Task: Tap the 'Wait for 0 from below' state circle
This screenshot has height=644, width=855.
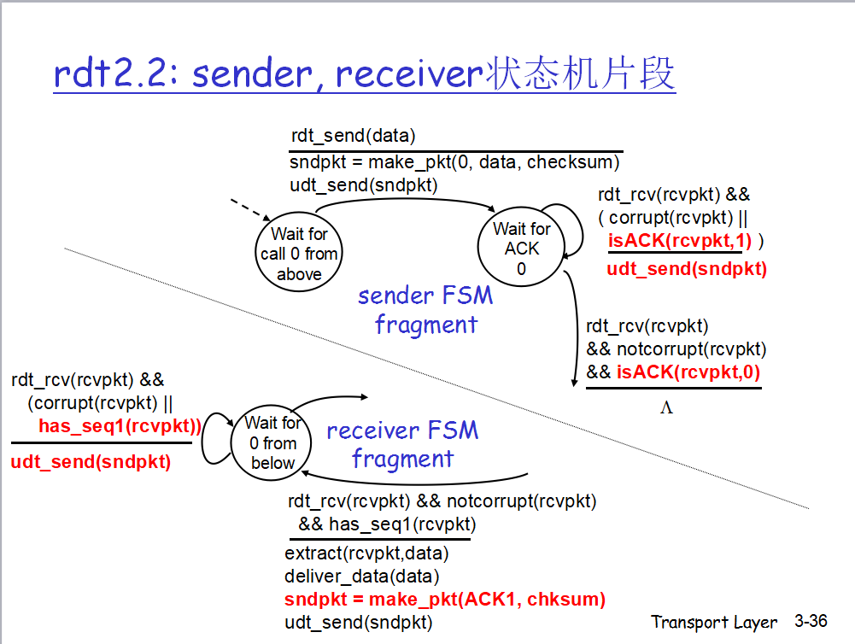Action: pos(272,442)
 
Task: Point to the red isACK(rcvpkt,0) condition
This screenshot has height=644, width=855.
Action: pos(688,372)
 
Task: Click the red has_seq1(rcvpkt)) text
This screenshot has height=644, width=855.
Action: pos(119,425)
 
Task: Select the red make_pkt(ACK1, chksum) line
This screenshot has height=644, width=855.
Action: pos(445,600)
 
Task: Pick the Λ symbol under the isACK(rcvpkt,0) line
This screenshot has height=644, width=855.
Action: pos(666,407)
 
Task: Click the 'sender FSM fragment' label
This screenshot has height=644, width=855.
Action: pos(425,310)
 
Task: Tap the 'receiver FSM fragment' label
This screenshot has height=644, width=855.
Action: pos(402,444)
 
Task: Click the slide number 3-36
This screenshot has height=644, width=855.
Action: pos(811,621)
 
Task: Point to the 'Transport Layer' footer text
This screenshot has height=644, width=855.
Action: pos(714,622)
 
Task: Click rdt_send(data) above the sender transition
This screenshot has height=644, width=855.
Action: pos(353,136)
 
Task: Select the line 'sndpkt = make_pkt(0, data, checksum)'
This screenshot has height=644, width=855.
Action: pos(454,162)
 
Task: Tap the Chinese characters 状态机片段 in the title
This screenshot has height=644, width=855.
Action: pos(581,74)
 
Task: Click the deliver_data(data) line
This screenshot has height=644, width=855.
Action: pos(362,577)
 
